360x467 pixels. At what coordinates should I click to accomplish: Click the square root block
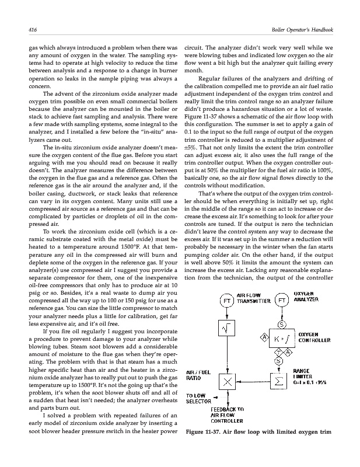click(226, 330)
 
